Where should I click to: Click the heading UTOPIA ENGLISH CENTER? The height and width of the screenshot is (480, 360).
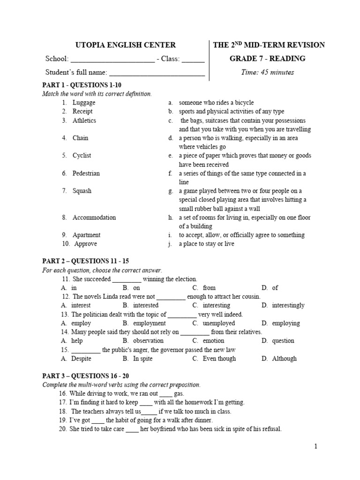pos(126,45)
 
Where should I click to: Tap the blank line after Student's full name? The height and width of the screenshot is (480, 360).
pos(157,74)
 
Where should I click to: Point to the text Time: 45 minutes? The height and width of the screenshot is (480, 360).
pos(267,72)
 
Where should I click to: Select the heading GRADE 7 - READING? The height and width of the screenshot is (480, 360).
pos(267,59)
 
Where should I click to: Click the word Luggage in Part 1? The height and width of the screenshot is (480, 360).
pos(84,102)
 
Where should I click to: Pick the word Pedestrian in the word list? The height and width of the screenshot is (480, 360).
pos(86,173)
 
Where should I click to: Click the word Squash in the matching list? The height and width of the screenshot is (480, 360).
pos(82,191)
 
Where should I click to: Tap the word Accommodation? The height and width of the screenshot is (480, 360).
pos(94,217)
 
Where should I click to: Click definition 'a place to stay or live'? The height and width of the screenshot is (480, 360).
pos(206,244)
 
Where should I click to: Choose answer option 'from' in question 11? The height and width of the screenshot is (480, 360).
pos(209,288)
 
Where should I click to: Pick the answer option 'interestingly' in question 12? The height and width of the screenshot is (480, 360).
pos(289,306)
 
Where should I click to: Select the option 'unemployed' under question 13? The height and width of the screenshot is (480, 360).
pos(219,323)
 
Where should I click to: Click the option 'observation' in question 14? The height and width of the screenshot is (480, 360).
pos(148,341)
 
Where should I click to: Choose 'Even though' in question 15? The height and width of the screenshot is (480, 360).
pos(219,359)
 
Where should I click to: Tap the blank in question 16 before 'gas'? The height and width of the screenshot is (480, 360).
pos(166,394)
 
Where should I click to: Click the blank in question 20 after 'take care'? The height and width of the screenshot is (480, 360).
pos(133,429)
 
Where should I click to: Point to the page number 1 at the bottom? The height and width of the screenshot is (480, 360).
pos(316,446)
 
